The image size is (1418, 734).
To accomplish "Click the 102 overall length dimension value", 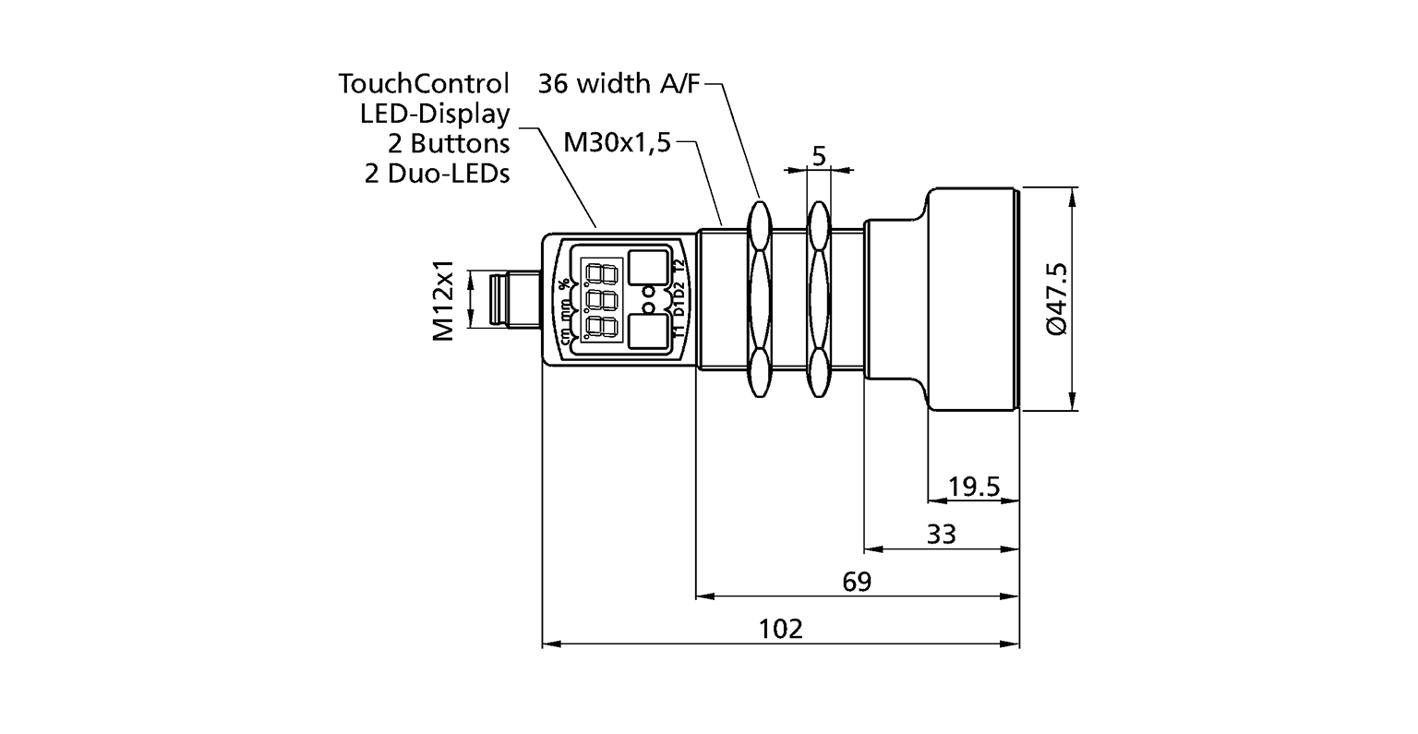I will tap(781, 629).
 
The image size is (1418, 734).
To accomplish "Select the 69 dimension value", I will tap(857, 582).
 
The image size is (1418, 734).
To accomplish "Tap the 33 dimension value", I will tap(942, 534).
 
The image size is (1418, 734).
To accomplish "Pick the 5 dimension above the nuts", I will tap(818, 155).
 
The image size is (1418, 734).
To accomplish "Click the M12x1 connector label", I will tap(446, 299).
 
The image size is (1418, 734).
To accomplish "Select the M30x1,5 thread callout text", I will tap(616, 142).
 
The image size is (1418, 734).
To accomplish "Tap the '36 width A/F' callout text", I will tap(619, 84).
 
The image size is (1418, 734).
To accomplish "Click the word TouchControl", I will tap(424, 84).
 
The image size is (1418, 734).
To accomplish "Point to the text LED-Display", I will tap(434, 114).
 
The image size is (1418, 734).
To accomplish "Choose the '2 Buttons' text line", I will tap(447, 143).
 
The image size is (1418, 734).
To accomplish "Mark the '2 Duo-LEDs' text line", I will tap(437, 173).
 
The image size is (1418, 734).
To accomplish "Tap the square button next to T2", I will tap(649, 267).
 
